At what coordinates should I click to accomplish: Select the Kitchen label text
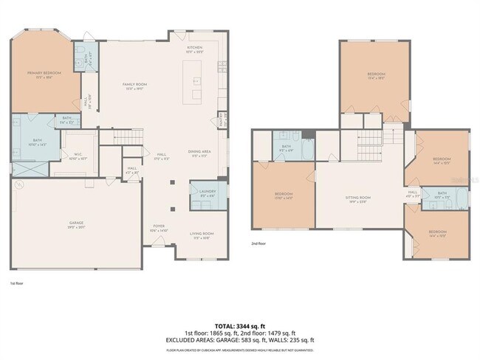coord(194,49)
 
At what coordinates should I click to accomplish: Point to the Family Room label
coord(134,86)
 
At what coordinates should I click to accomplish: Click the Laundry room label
coord(208,193)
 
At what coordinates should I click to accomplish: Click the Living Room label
coord(202,235)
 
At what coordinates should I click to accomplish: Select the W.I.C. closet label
coord(78,155)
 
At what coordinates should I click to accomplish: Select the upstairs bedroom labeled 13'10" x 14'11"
coord(284,195)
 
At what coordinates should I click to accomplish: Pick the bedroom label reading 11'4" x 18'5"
coord(375,75)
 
